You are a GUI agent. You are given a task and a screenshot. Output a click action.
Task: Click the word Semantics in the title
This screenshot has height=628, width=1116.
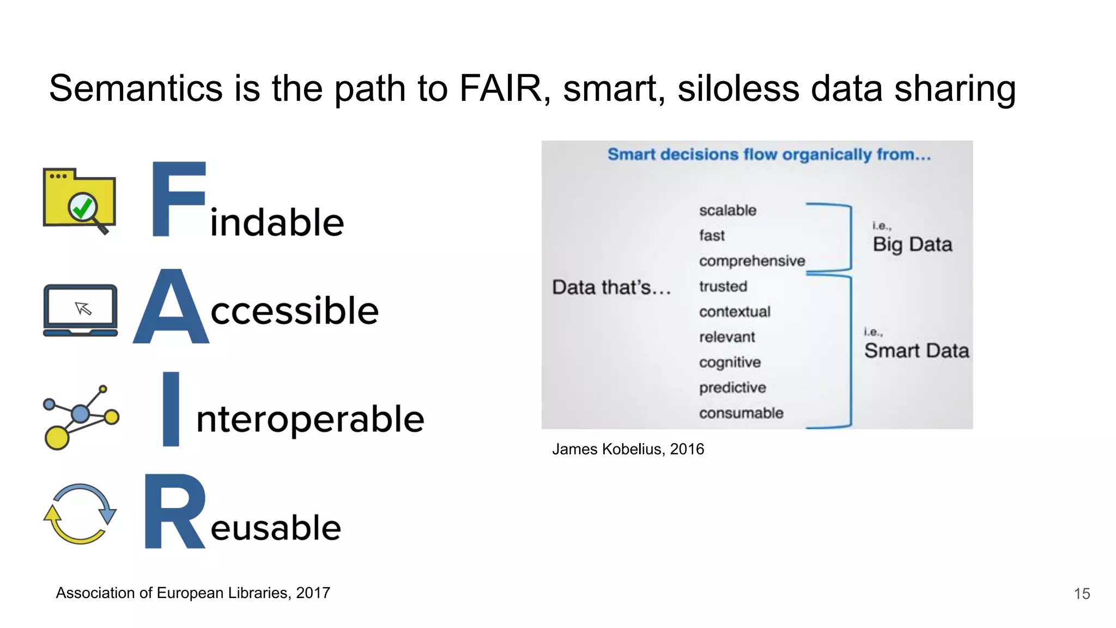point(136,89)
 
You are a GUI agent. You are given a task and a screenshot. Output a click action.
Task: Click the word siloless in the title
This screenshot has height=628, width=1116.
point(738,89)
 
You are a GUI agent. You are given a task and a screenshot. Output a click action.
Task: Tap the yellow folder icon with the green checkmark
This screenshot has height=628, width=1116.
point(80,200)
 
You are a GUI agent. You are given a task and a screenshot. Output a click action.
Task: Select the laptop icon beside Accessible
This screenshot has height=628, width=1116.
point(81,310)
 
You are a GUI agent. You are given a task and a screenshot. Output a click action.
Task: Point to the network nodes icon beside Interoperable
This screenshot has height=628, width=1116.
point(80,417)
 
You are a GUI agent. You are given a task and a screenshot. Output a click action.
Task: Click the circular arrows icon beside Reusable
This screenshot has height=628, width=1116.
point(80,514)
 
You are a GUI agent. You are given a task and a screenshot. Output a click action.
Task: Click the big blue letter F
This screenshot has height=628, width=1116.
point(178,200)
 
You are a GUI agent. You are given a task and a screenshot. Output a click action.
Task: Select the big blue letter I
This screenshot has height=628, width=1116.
point(171,409)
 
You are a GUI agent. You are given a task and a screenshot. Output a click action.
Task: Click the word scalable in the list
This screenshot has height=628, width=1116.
point(727,210)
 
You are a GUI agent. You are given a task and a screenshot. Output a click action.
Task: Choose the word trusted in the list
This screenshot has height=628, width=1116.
point(723,287)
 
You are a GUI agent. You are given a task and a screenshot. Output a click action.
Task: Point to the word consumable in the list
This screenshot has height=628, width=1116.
point(741,413)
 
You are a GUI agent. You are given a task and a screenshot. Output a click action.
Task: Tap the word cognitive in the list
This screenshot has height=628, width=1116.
point(730,363)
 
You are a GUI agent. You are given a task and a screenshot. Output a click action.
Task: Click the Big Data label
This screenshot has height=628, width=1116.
point(912,244)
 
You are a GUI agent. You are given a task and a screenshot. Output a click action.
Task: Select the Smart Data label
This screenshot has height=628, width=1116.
point(917,351)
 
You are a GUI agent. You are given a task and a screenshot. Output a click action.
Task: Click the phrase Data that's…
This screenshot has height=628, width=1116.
point(611,287)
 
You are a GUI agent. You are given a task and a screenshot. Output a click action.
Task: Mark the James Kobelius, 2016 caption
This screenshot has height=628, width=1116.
point(628,449)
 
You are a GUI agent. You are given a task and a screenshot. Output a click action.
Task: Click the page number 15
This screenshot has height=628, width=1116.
point(1082,594)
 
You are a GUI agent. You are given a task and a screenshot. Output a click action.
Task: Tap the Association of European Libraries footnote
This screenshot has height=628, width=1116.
point(193,593)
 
